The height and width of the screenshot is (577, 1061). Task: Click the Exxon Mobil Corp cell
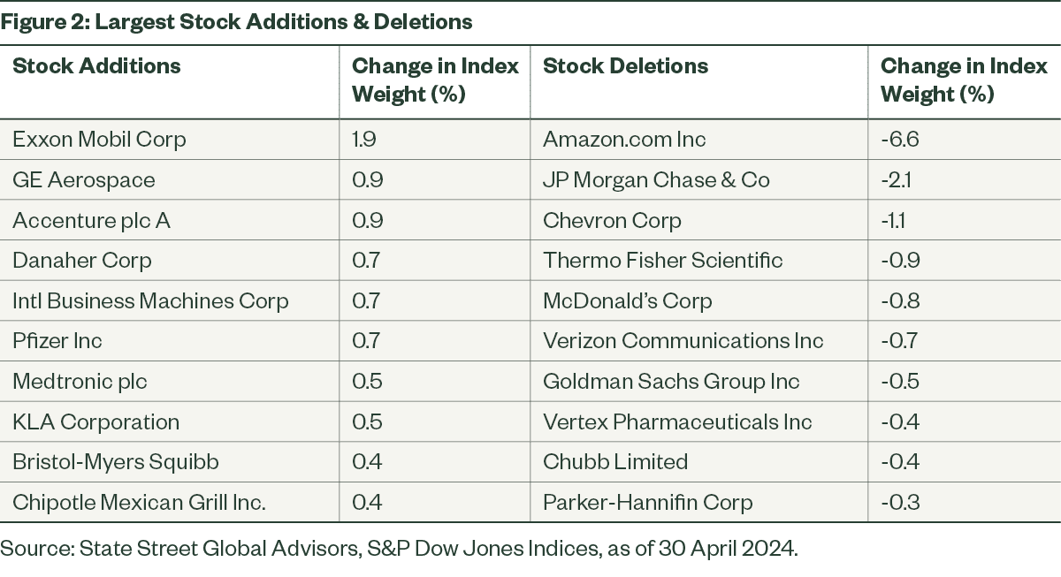pos(99,140)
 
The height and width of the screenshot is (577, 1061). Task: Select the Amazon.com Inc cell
pos(624,139)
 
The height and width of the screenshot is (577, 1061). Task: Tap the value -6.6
pos(900,139)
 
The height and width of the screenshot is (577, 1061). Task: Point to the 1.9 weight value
pos(363,139)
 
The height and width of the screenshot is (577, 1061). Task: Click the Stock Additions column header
pos(96,65)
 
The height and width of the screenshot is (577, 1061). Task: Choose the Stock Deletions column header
pos(625,65)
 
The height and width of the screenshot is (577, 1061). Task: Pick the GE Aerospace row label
pos(84,180)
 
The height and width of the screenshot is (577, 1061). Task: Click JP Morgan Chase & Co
pos(656,180)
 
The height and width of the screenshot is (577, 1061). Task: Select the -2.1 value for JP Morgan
pos(896,180)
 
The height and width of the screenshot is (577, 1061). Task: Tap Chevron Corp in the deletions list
pos(612,221)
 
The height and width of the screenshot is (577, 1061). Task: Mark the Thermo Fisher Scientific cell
pos(662,261)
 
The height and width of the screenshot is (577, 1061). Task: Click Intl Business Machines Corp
pos(150,301)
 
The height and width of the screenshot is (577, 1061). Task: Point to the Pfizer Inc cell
pos(57,341)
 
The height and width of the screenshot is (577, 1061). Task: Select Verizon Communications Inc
pos(683,341)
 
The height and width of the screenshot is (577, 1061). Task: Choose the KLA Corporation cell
pos(96,422)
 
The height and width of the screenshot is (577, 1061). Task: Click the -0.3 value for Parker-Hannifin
pos(900,502)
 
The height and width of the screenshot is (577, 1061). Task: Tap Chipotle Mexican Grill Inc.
pos(140,503)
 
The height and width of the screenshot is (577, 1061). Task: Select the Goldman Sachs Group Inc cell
pos(671,382)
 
